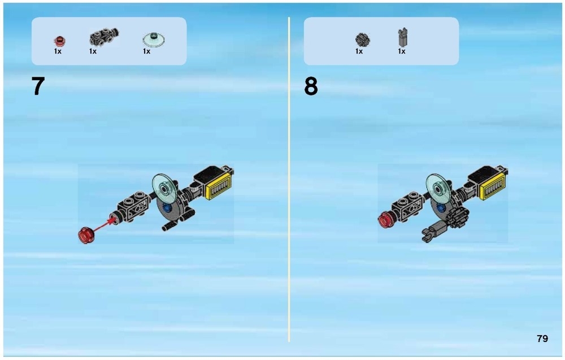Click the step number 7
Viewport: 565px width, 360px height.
click(38, 86)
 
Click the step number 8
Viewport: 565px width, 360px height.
click(311, 86)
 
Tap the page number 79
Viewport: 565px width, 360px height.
click(542, 339)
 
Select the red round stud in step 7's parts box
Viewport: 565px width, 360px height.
click(59, 41)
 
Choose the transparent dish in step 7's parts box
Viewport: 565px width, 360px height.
click(154, 40)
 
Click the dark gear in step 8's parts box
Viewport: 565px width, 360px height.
click(363, 40)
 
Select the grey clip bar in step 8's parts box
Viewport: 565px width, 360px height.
click(403, 37)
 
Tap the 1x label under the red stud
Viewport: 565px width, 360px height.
click(58, 51)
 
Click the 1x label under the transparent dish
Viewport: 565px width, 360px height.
click(146, 51)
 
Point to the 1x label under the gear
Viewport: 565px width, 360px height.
click(359, 51)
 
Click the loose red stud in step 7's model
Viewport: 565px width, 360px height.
click(86, 235)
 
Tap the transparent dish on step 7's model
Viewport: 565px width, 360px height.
click(164, 189)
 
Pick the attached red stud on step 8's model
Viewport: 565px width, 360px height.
click(386, 220)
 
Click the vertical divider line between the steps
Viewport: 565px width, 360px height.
click(289, 179)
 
